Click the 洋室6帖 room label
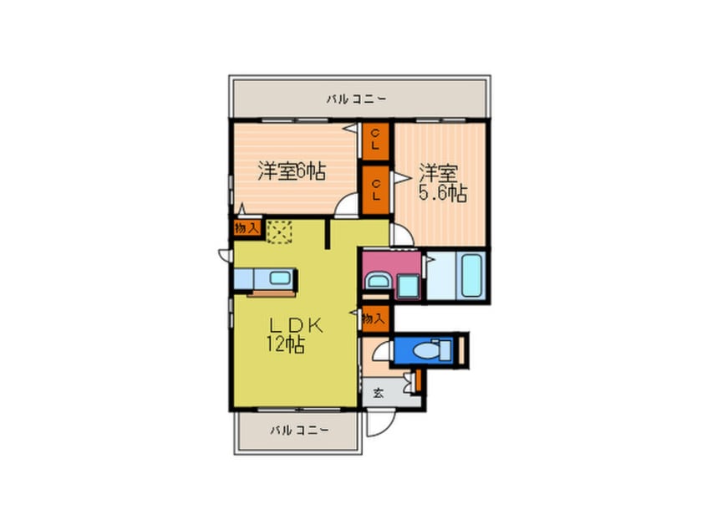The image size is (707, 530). coord(291,172)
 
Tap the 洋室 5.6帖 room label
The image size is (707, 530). coord(441,183)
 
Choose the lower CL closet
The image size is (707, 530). coord(375,190)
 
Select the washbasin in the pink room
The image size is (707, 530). coord(377,282)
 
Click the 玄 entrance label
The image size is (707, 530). coord(378,393)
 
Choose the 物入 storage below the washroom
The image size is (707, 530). coord(375,318)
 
